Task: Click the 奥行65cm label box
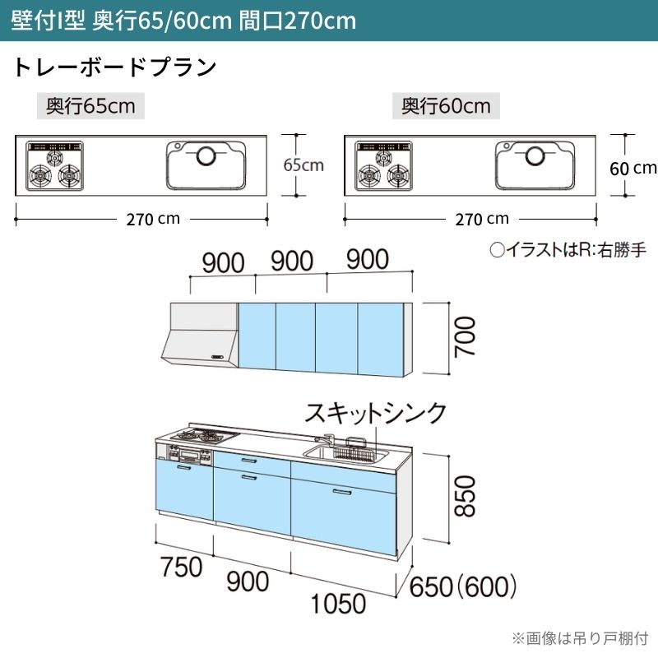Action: click(x=90, y=106)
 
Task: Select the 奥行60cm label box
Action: click(x=446, y=106)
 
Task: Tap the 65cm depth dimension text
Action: click(x=304, y=165)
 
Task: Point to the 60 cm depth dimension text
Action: click(x=633, y=169)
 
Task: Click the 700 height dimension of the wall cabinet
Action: click(x=466, y=337)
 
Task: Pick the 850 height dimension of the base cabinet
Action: click(x=466, y=496)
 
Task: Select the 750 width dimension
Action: click(x=181, y=567)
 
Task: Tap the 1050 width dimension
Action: click(x=338, y=604)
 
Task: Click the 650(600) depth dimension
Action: click(x=462, y=586)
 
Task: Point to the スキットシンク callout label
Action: click(x=376, y=413)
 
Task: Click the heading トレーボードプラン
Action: click(x=115, y=67)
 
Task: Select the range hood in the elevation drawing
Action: click(x=200, y=335)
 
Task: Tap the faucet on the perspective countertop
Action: click(x=325, y=439)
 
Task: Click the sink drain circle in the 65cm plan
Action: click(x=206, y=156)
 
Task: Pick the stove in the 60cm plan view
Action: click(x=383, y=166)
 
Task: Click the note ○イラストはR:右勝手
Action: click(x=568, y=250)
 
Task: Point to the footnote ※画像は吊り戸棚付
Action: click(x=581, y=638)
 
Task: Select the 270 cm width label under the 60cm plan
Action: click(x=482, y=219)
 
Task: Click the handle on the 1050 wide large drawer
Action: click(x=342, y=492)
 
